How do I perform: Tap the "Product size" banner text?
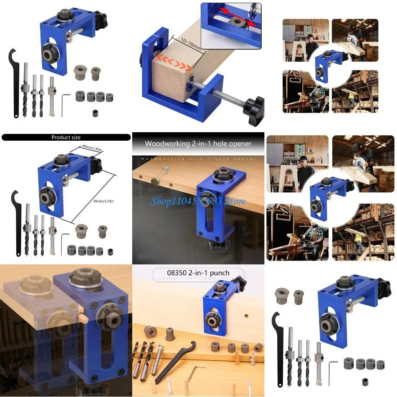click(x=66, y=137)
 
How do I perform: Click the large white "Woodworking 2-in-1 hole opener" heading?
click(x=198, y=143)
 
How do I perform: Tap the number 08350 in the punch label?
click(x=171, y=273)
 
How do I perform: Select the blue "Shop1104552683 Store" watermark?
click(x=198, y=201)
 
